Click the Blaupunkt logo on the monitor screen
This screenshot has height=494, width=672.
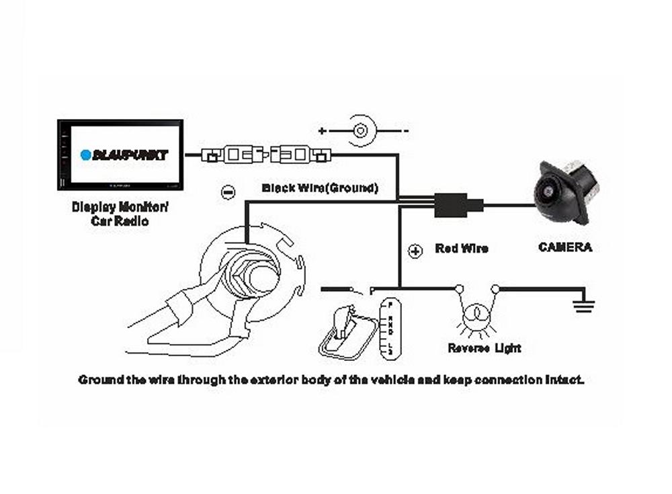pos(124,155)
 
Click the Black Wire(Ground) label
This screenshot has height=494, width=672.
pos(320,188)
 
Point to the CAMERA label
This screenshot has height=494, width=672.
pos(565,247)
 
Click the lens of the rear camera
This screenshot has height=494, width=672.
pos(548,192)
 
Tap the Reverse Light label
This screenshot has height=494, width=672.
pos(484,348)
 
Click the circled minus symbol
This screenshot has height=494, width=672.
pos(228,193)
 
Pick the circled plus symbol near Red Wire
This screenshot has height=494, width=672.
pos(415,251)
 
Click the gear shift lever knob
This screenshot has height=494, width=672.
pos(343,313)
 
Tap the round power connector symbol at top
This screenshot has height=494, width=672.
pos(362,129)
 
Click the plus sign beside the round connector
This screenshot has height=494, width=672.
pos(323,130)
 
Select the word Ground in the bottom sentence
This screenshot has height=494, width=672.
pos(97,380)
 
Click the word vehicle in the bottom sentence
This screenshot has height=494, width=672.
pos(379,380)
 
